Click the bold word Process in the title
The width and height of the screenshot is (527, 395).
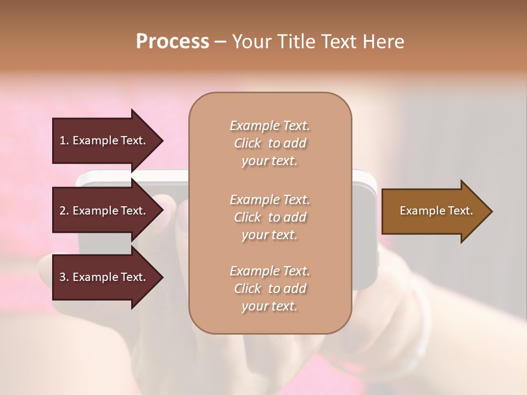172,42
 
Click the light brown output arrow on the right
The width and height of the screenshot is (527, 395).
434,211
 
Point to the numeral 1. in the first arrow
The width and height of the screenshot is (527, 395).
64,140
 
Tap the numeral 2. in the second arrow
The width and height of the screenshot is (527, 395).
64,211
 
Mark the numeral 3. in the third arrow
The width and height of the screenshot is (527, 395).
64,277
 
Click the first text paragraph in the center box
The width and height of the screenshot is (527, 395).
270,143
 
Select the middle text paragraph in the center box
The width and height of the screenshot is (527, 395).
270,217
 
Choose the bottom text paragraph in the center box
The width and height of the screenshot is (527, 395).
270,289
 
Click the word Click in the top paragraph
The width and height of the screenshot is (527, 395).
248,143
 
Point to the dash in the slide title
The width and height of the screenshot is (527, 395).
220,42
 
